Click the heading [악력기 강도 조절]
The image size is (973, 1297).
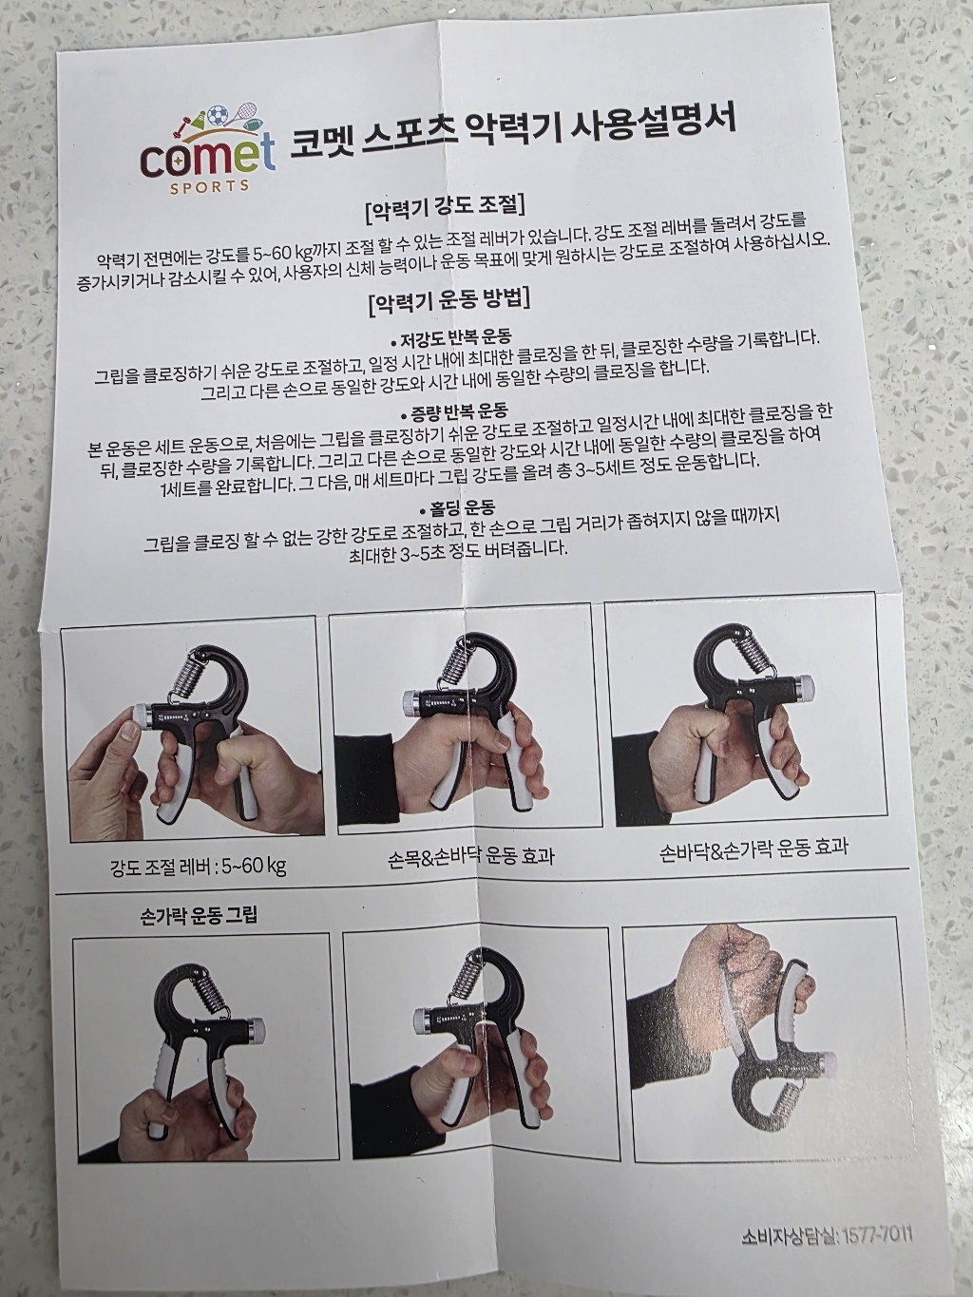(x=445, y=206)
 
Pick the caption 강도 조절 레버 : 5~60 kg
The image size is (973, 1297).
(x=199, y=866)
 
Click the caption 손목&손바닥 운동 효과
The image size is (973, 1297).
(x=470, y=857)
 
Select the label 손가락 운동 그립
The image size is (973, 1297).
(x=198, y=916)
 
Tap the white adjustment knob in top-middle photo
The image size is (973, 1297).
(x=414, y=701)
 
